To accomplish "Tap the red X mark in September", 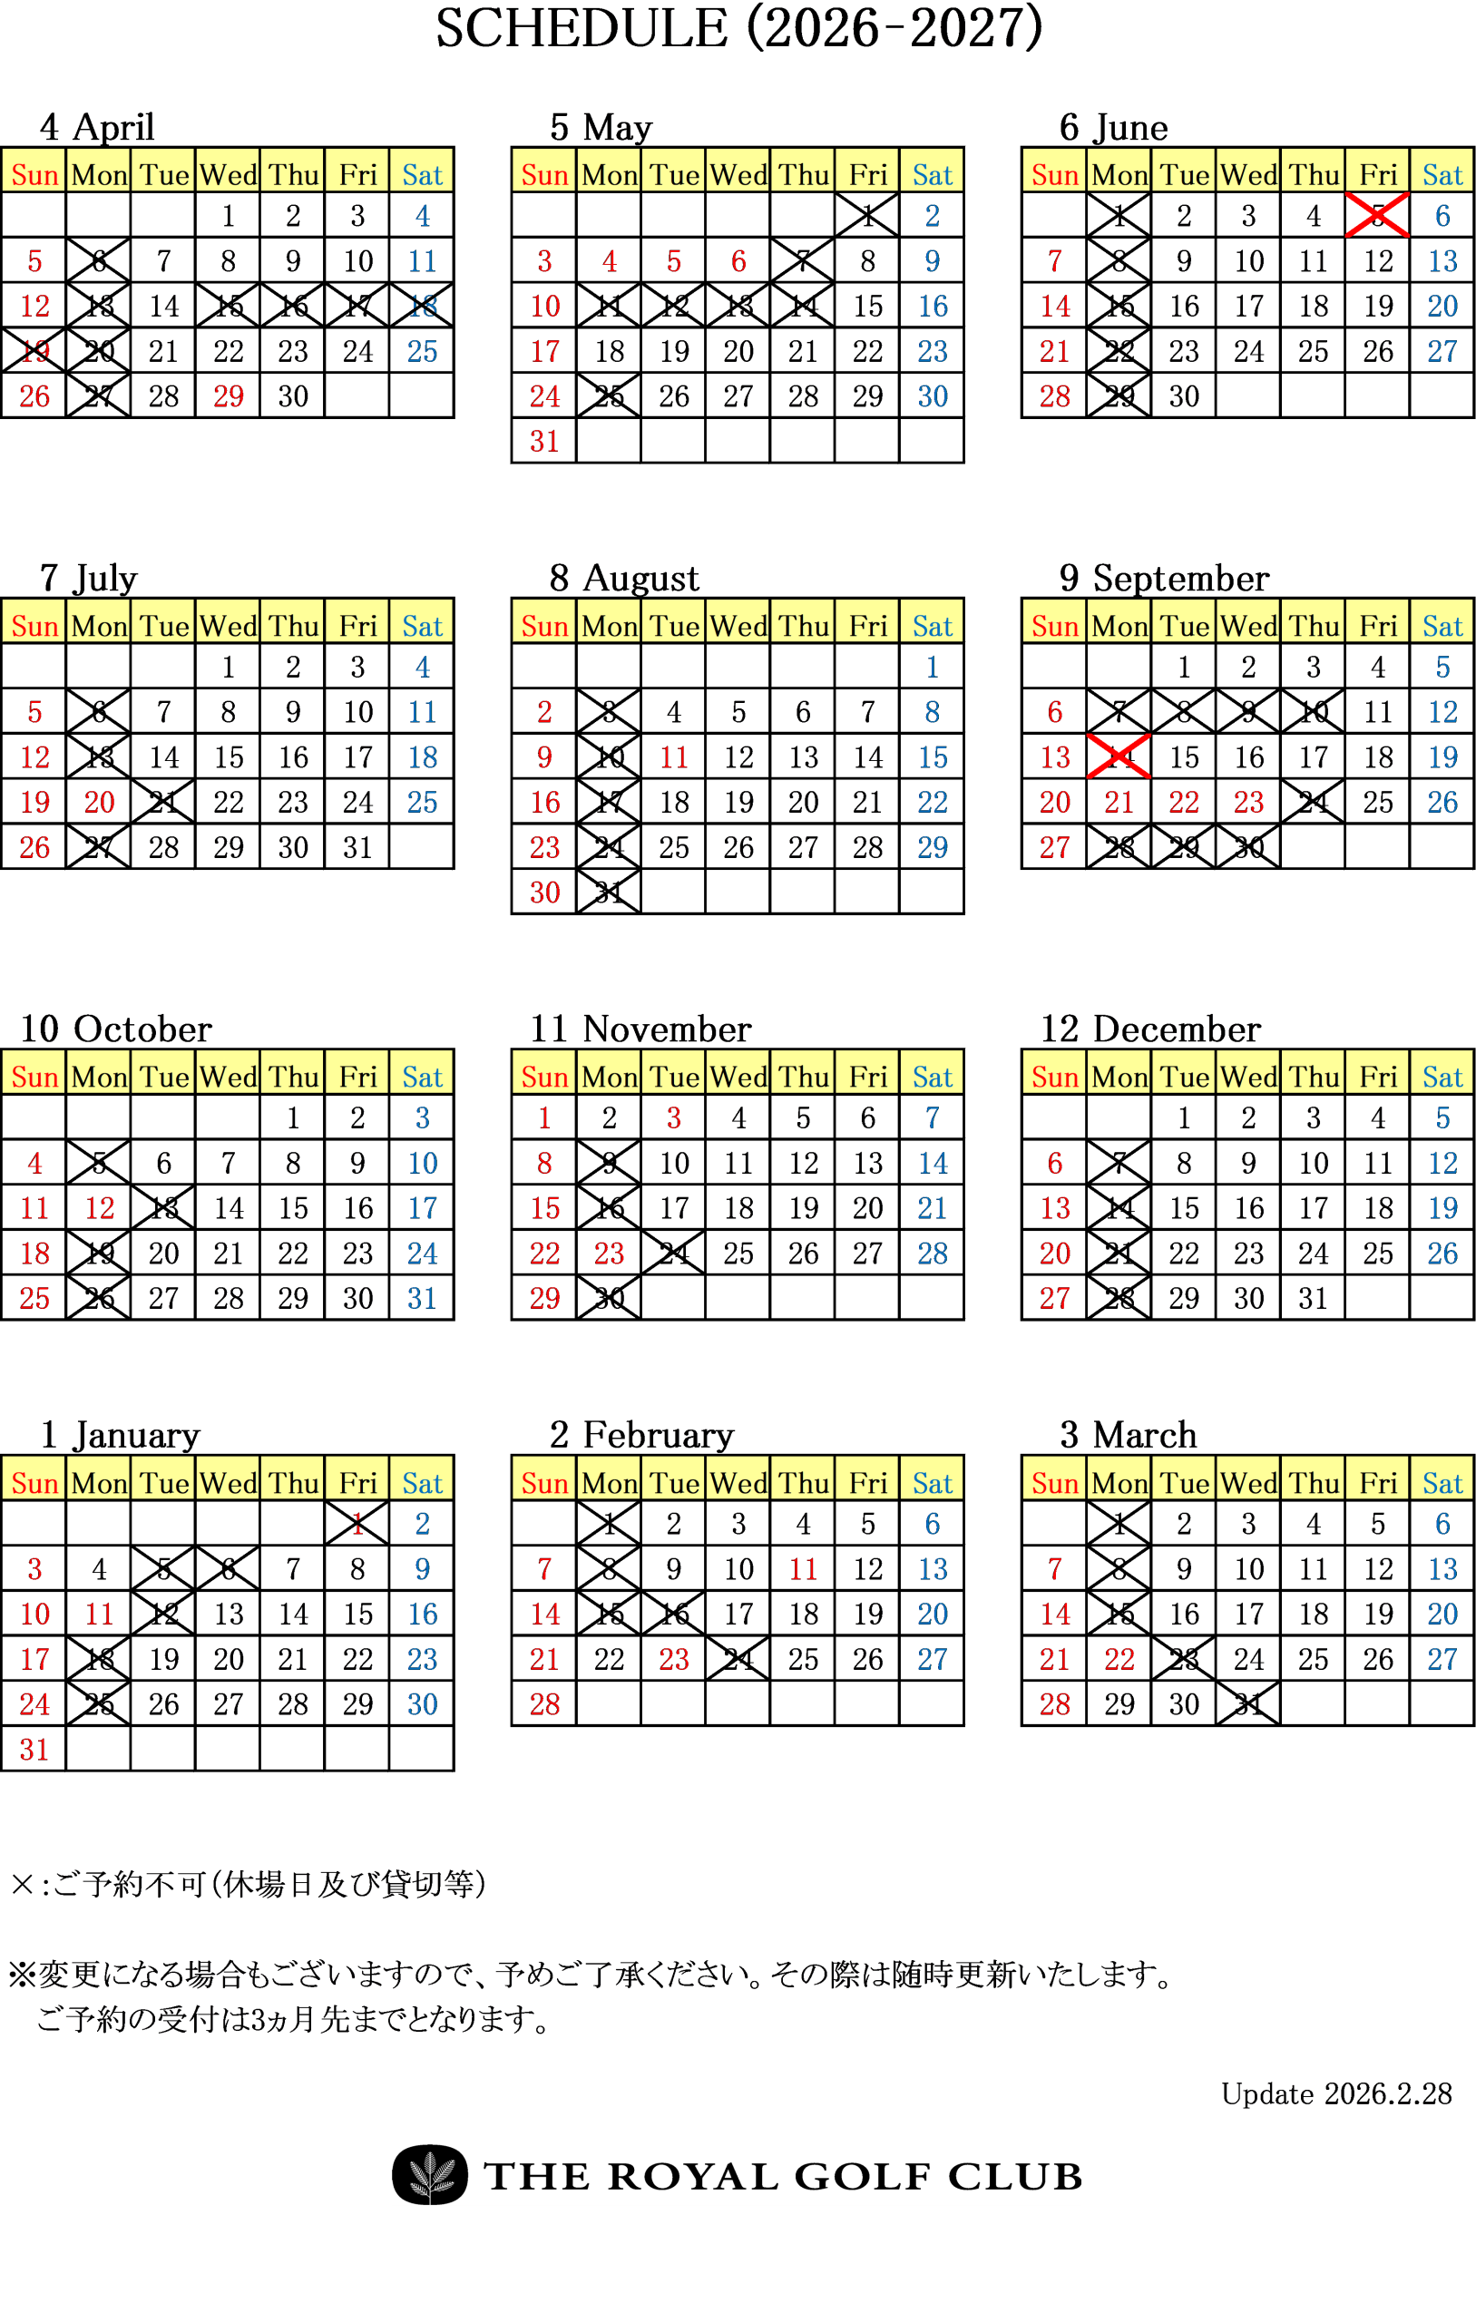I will pyautogui.click(x=1119, y=756).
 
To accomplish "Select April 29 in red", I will pyautogui.click(x=229, y=396).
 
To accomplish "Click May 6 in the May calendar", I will pyautogui.click(x=739, y=261).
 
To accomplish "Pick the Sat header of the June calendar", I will pyautogui.click(x=1442, y=174).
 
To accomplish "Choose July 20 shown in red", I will pyautogui.click(x=100, y=803).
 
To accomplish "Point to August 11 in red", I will pyautogui.click(x=674, y=757).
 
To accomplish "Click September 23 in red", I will pyautogui.click(x=1248, y=803).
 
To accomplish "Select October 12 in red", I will pyautogui.click(x=100, y=1208).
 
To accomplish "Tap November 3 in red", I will pyautogui.click(x=674, y=1117).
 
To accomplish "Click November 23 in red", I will pyautogui.click(x=610, y=1254).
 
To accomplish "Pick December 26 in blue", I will pyautogui.click(x=1442, y=1254).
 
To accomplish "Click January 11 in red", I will pyautogui.click(x=100, y=1615).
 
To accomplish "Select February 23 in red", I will pyautogui.click(x=674, y=1660).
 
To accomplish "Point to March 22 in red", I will pyautogui.click(x=1119, y=1660).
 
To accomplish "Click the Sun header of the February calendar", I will pyautogui.click(x=544, y=1483).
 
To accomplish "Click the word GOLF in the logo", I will pyautogui.click(x=863, y=2176).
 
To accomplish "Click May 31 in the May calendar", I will pyautogui.click(x=544, y=442).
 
